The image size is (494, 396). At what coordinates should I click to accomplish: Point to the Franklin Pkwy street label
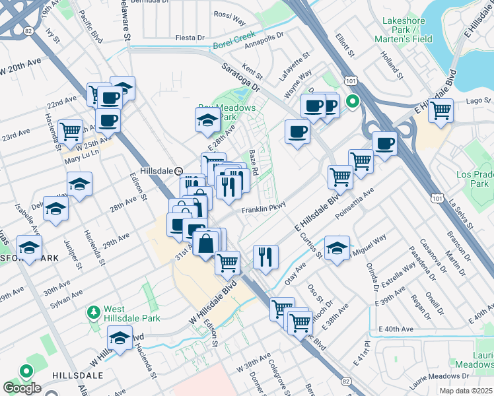(262, 210)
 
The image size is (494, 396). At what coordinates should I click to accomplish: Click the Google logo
(22, 388)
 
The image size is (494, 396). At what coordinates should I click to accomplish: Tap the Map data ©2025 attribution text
(464, 391)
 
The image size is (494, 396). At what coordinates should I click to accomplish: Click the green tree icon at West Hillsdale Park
(94, 310)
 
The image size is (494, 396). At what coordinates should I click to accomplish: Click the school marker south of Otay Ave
(337, 249)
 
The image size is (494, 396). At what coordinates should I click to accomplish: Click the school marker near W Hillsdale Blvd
(120, 339)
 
